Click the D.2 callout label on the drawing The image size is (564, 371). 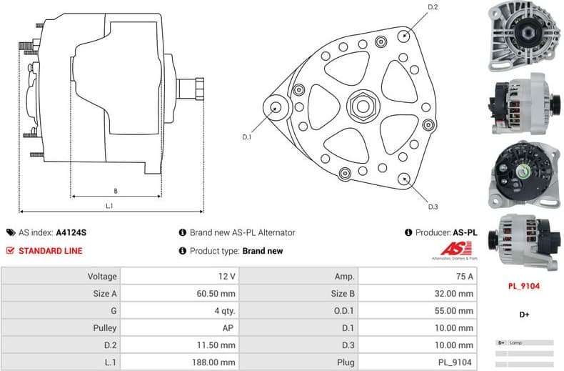tap(432, 8)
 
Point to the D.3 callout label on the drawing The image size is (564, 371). tap(432, 207)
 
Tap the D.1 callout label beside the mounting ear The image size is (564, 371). tap(247, 137)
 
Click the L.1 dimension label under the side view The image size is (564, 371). tap(109, 206)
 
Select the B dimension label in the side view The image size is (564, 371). tap(116, 190)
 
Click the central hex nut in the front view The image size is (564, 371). tap(361, 107)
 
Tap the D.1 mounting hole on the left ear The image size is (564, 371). tap(276, 108)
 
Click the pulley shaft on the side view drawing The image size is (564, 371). tap(192, 89)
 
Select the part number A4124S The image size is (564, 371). tap(71, 232)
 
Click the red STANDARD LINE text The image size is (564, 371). tap(50, 251)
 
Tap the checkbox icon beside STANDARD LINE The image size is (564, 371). tap(11, 251)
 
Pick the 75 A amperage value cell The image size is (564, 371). tap(463, 276)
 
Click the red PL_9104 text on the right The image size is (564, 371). tap(523, 286)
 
